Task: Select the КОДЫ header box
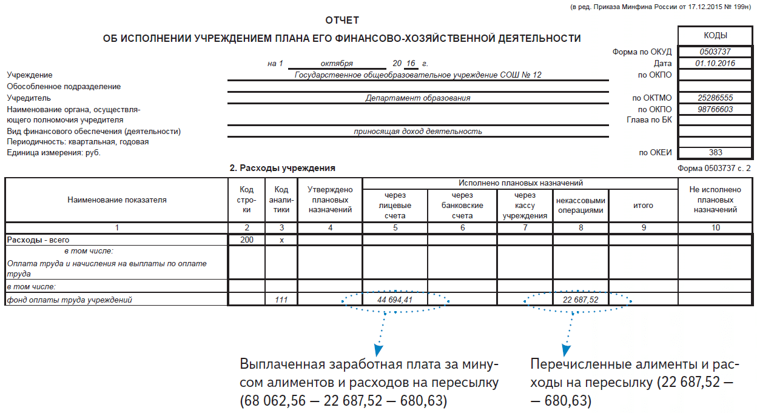point(715,36)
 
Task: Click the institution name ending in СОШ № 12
point(417,75)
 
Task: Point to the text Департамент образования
point(417,98)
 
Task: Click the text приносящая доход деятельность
point(417,131)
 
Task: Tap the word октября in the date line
point(337,64)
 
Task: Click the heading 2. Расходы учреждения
point(282,168)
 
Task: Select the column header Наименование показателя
point(117,200)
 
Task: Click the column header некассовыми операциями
point(580,206)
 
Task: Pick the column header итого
point(643,206)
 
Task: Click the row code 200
point(247,240)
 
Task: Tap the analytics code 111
point(281,300)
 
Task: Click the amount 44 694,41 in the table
point(394,300)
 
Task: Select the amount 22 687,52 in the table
point(580,300)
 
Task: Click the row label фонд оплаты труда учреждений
point(69,300)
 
